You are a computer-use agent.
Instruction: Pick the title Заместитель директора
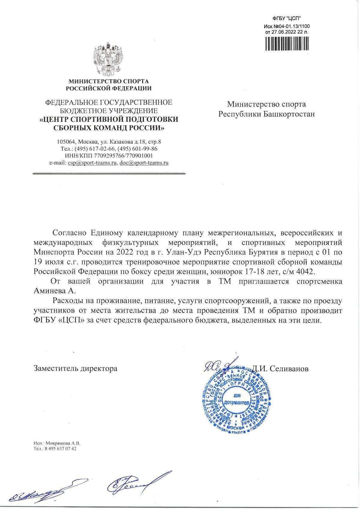[x=75, y=368]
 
